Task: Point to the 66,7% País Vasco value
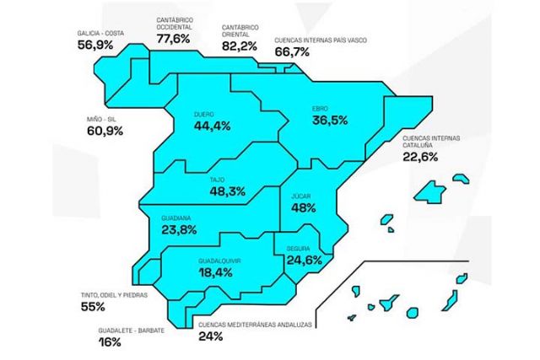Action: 293,52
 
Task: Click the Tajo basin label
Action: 218,180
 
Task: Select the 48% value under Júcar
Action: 303,207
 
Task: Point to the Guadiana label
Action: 175,218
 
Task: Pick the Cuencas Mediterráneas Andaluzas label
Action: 254,325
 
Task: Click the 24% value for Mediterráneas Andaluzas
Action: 211,336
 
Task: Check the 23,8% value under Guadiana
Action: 179,229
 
